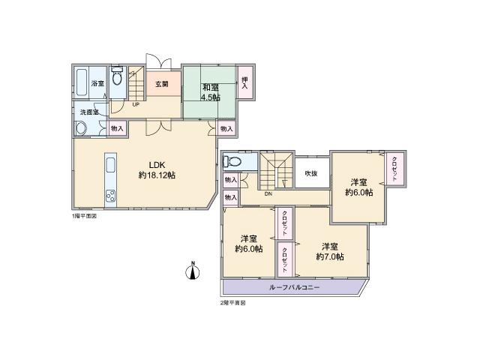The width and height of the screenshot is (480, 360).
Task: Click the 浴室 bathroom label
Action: [x=97, y=83]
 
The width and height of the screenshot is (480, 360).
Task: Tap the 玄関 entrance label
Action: [x=162, y=83]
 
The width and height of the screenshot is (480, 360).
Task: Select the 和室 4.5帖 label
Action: [x=210, y=91]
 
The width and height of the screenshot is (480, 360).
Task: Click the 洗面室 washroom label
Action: [x=90, y=112]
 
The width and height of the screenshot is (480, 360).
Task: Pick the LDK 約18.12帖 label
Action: [x=157, y=170]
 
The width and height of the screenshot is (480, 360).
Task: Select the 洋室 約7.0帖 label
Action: [x=329, y=251]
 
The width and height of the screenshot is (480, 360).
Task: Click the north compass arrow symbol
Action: [x=193, y=271]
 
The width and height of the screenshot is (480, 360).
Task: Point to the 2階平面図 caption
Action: [x=232, y=303]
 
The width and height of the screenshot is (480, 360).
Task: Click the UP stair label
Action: [x=136, y=104]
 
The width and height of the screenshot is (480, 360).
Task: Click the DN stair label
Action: [x=268, y=193]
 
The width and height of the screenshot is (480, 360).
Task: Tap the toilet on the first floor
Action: [x=117, y=77]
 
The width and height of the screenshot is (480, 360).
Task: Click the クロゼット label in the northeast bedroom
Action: [x=394, y=168]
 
